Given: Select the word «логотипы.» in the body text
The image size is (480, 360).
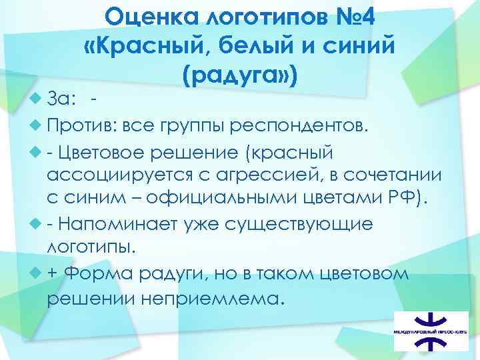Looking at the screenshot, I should [91, 247].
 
